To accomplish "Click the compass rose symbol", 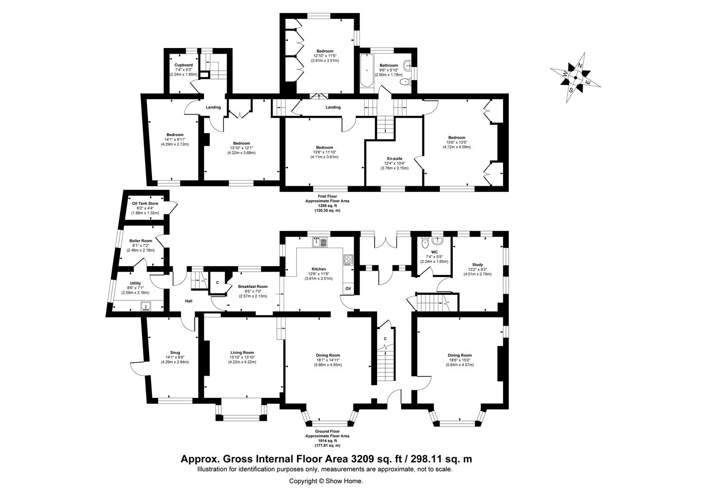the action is click(576, 78).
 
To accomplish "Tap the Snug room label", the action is click(175, 353).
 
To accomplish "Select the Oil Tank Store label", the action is click(145, 203).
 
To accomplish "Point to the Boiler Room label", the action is click(140, 241).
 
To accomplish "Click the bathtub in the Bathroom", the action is click(367, 71).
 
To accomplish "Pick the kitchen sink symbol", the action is click(320, 242).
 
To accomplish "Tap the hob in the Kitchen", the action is click(348, 260).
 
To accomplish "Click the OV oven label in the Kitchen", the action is click(348, 288).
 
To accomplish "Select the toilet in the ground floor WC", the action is click(425, 243).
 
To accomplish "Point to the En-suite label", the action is click(395, 158).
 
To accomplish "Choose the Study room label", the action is click(477, 265).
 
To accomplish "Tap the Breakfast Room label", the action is click(253, 286).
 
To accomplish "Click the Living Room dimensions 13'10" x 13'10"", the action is click(242, 357).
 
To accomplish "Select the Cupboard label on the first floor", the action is click(183, 65).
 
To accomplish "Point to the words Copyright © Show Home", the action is click(326, 481).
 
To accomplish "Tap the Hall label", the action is click(189, 301).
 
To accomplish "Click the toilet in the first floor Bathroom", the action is click(405, 82).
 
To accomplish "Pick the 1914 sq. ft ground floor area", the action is click(327, 441).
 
